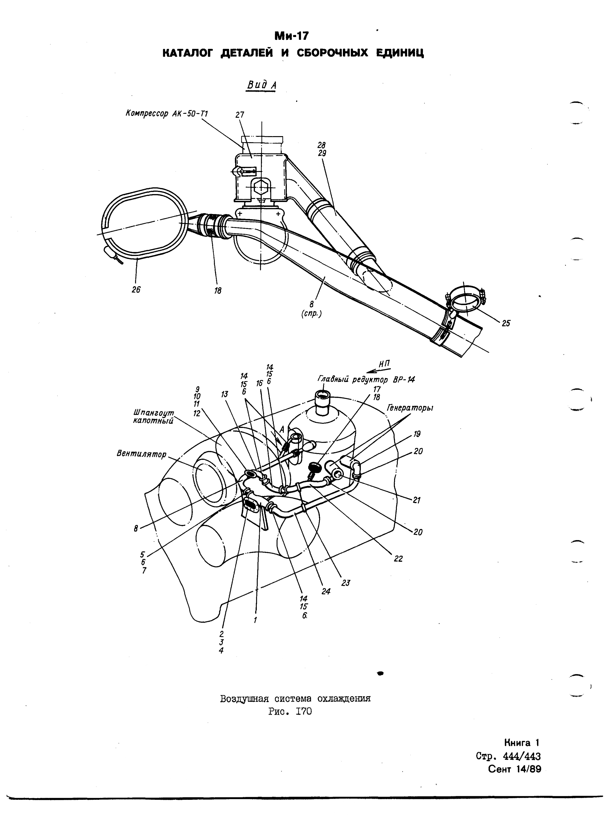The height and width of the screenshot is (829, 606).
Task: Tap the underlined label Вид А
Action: [261, 85]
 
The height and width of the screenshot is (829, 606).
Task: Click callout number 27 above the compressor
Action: [240, 115]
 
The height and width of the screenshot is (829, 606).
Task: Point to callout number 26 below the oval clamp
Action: [136, 290]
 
